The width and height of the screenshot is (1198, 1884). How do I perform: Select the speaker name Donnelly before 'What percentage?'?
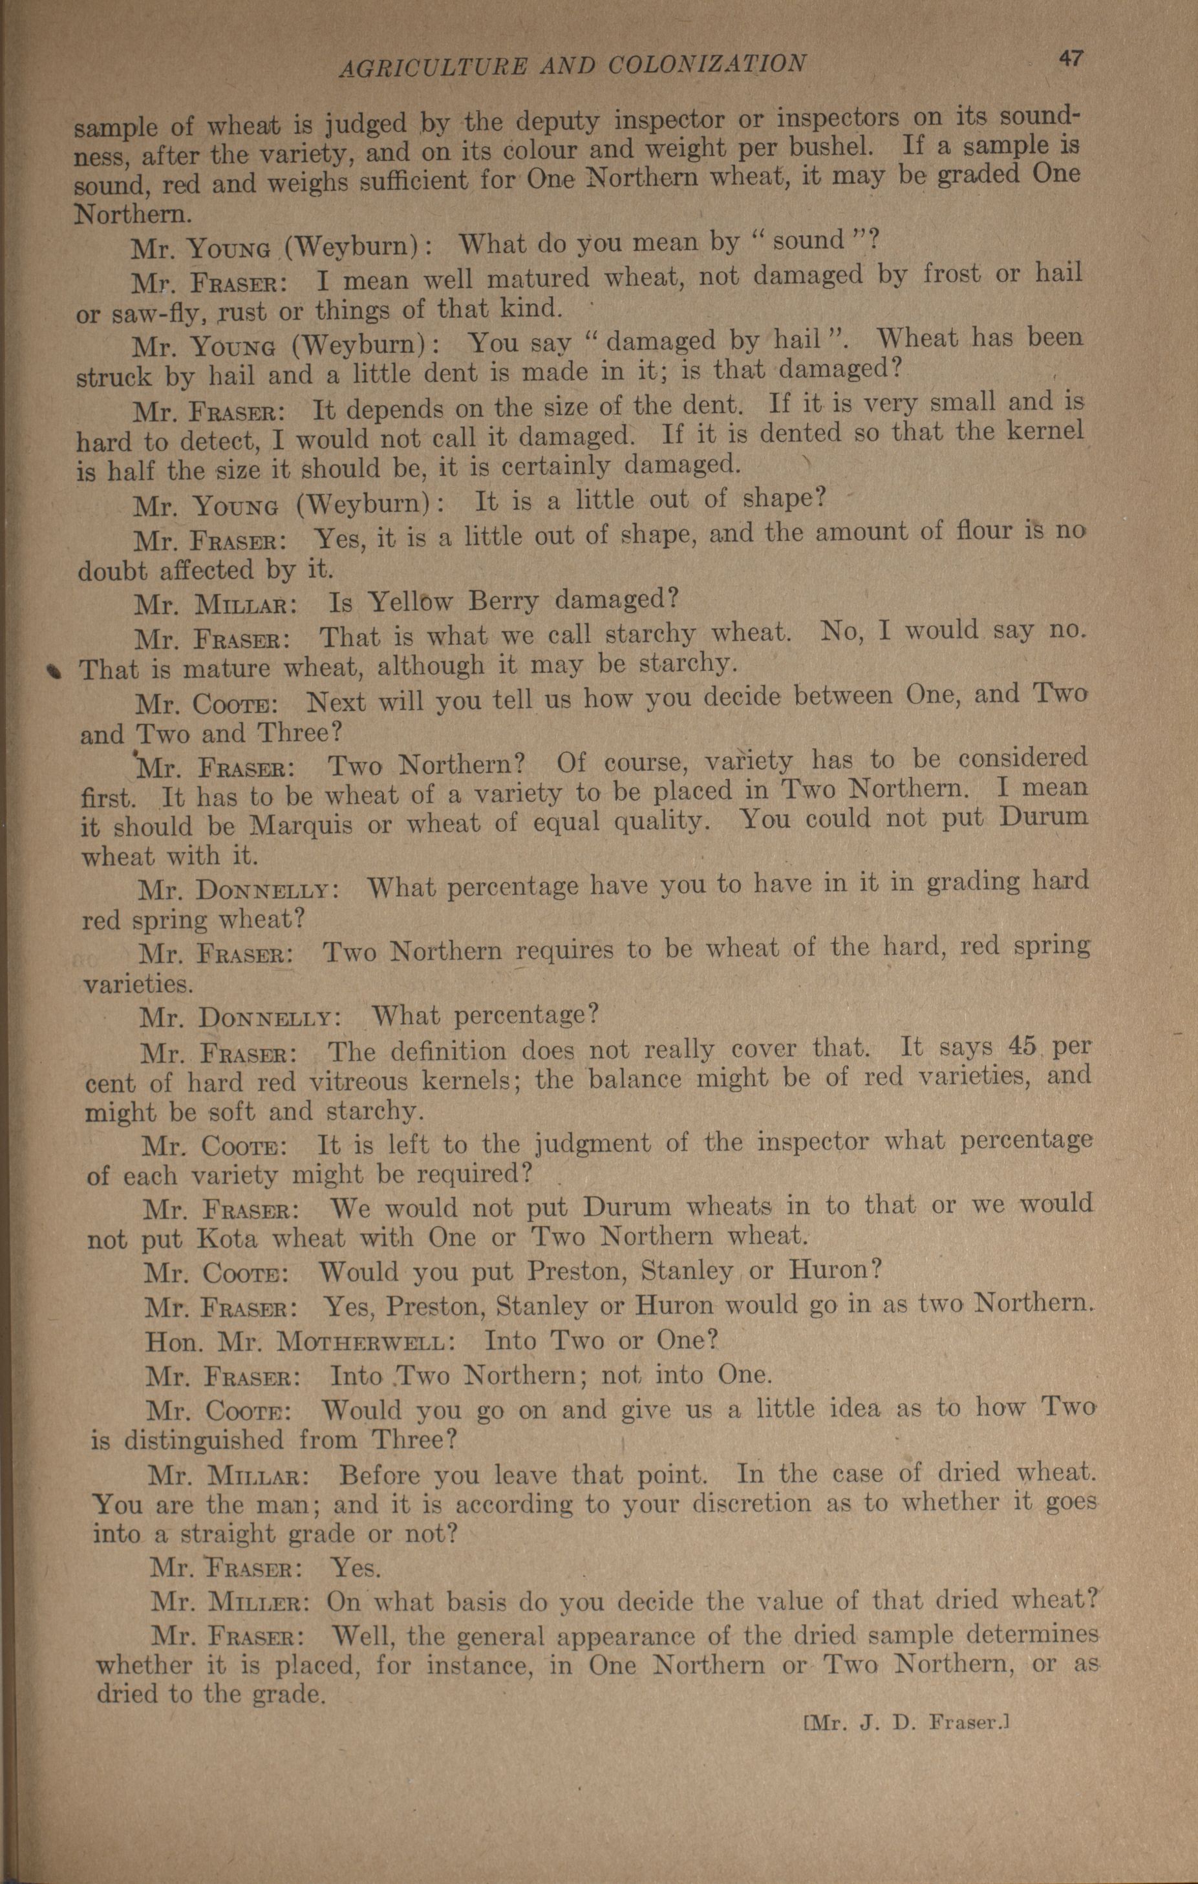pos(268,1018)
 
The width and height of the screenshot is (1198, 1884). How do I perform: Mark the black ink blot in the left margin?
pos(52,669)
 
